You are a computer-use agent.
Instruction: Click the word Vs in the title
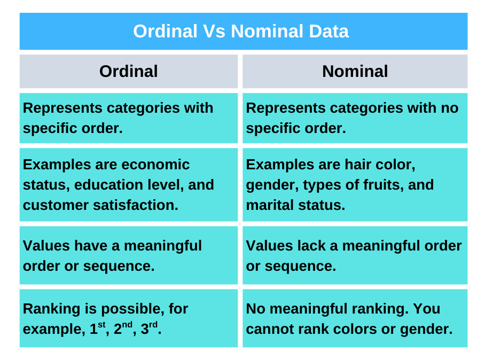214,31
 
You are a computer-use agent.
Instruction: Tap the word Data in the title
328,31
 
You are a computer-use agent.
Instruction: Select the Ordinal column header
129,71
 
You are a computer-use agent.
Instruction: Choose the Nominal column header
355,71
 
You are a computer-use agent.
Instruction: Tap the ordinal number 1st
95,328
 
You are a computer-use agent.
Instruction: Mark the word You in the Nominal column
427,309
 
